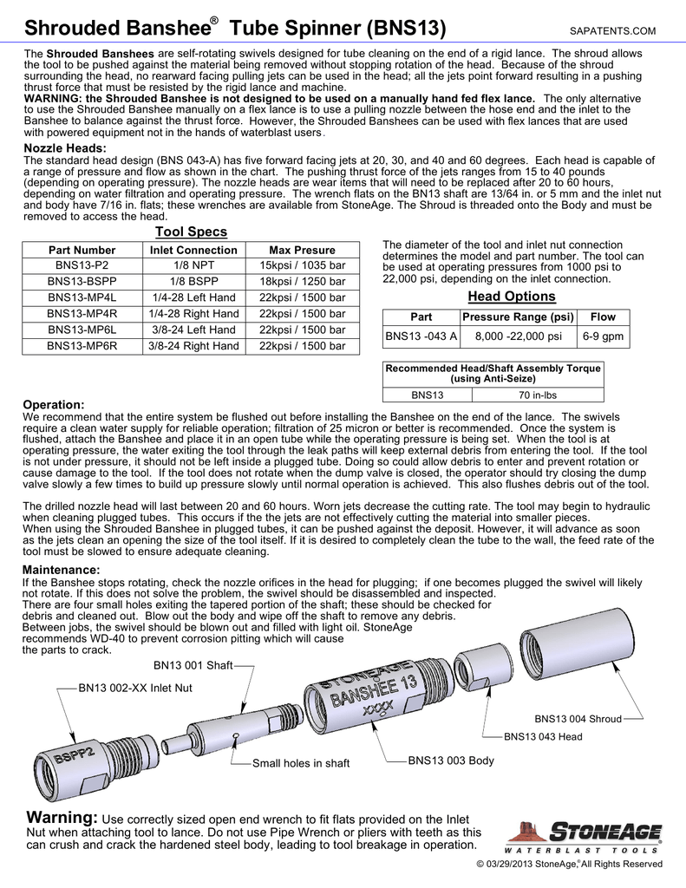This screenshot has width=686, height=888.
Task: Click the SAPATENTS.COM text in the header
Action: (613, 31)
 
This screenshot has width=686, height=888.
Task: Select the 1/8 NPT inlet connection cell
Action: (193, 266)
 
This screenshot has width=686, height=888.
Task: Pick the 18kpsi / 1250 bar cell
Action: (303, 282)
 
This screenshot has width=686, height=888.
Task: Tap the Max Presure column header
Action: (303, 250)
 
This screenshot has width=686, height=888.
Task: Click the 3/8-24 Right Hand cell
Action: (193, 346)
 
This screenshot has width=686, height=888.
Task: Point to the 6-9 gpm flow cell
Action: (603, 336)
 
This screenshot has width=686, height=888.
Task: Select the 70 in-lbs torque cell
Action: (537, 395)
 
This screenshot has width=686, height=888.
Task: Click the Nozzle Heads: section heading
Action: (64, 149)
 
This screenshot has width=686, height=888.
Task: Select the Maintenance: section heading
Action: (66, 569)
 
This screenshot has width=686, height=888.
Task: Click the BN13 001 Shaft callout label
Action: (193, 665)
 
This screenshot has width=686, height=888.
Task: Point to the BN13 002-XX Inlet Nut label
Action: (135, 688)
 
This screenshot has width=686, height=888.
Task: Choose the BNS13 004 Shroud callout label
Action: (578, 719)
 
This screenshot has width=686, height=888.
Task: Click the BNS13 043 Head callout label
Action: (543, 737)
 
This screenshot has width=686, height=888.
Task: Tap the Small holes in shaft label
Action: (300, 763)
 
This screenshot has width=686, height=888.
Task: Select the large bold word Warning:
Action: (62, 819)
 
